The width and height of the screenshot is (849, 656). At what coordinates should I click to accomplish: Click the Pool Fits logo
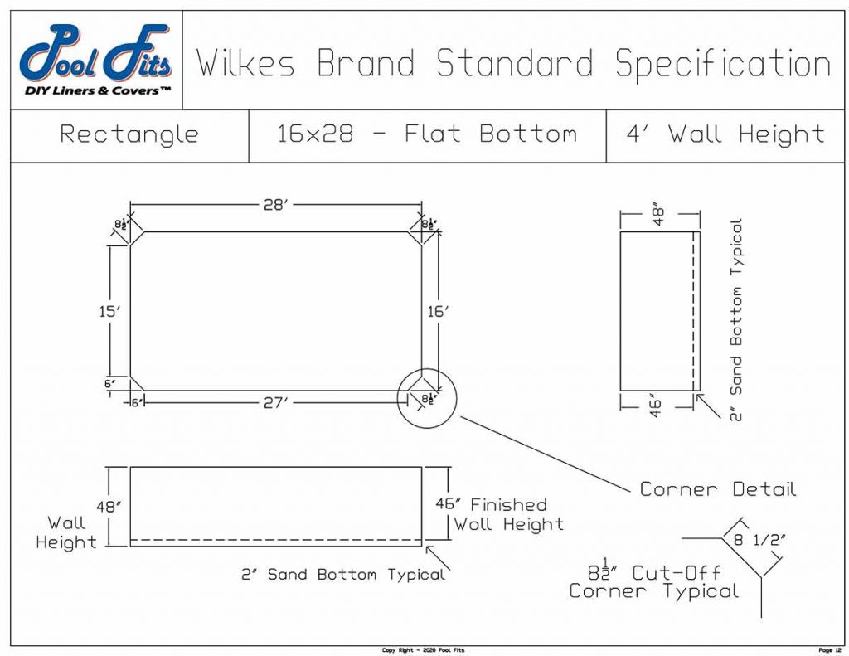tap(95, 60)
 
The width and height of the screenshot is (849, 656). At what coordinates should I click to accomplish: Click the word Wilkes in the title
tap(245, 64)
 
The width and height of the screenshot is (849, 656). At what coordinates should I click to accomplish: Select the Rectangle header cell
tap(129, 134)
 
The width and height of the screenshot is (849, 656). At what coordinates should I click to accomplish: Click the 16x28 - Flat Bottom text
tap(427, 134)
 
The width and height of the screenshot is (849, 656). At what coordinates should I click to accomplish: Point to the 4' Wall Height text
tap(725, 134)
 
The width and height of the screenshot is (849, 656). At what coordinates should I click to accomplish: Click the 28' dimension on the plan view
tap(274, 205)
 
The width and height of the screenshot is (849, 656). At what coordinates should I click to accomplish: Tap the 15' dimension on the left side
tap(109, 311)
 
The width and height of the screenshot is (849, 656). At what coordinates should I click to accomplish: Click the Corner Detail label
tap(717, 489)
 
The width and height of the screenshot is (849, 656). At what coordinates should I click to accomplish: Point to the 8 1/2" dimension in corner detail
tap(755, 540)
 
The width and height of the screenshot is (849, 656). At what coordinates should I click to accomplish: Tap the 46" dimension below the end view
tap(656, 408)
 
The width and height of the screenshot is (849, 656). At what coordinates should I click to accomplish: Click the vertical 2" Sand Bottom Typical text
tap(735, 319)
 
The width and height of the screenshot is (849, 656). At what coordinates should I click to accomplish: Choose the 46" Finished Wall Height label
tap(499, 514)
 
